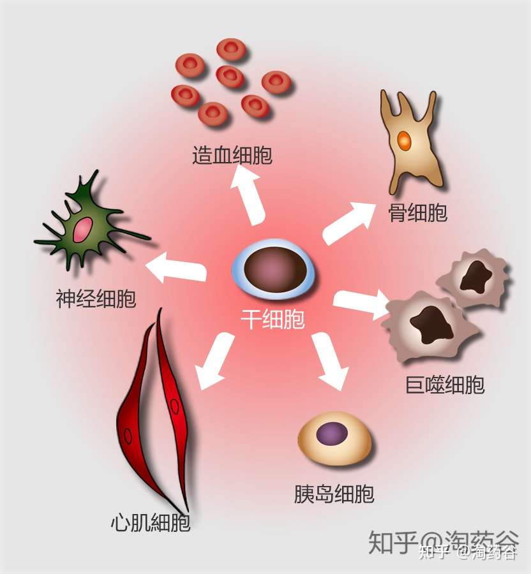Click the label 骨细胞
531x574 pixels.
coord(418,213)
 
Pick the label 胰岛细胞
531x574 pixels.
coord(334,494)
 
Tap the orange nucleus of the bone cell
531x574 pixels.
coord(403,140)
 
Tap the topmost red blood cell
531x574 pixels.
coord(231,49)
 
